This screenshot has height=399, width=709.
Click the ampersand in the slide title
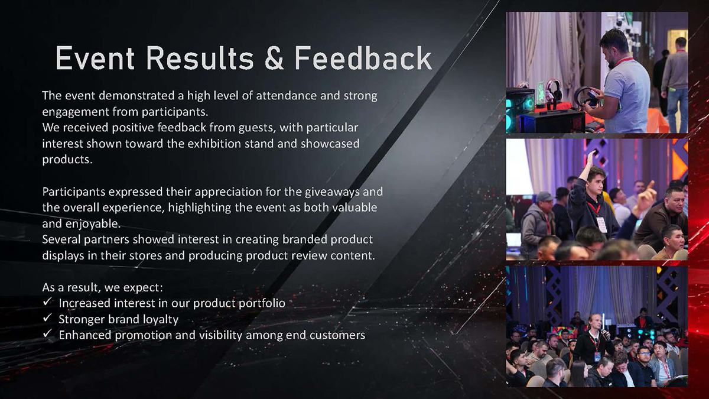click(274, 58)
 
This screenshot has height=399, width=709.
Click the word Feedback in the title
click(363, 58)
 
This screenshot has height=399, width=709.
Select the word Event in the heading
click(95, 58)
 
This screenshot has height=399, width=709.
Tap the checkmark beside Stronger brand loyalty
click(47, 317)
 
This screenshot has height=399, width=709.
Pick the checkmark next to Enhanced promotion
click(47, 333)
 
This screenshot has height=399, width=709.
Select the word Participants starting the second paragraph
click(74, 192)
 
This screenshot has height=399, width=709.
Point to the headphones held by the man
click(585, 96)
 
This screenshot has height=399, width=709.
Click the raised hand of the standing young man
click(590, 156)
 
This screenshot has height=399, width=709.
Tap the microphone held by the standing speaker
click(605, 334)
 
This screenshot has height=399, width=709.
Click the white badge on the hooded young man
click(601, 224)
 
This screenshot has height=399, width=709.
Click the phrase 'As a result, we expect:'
click(103, 287)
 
